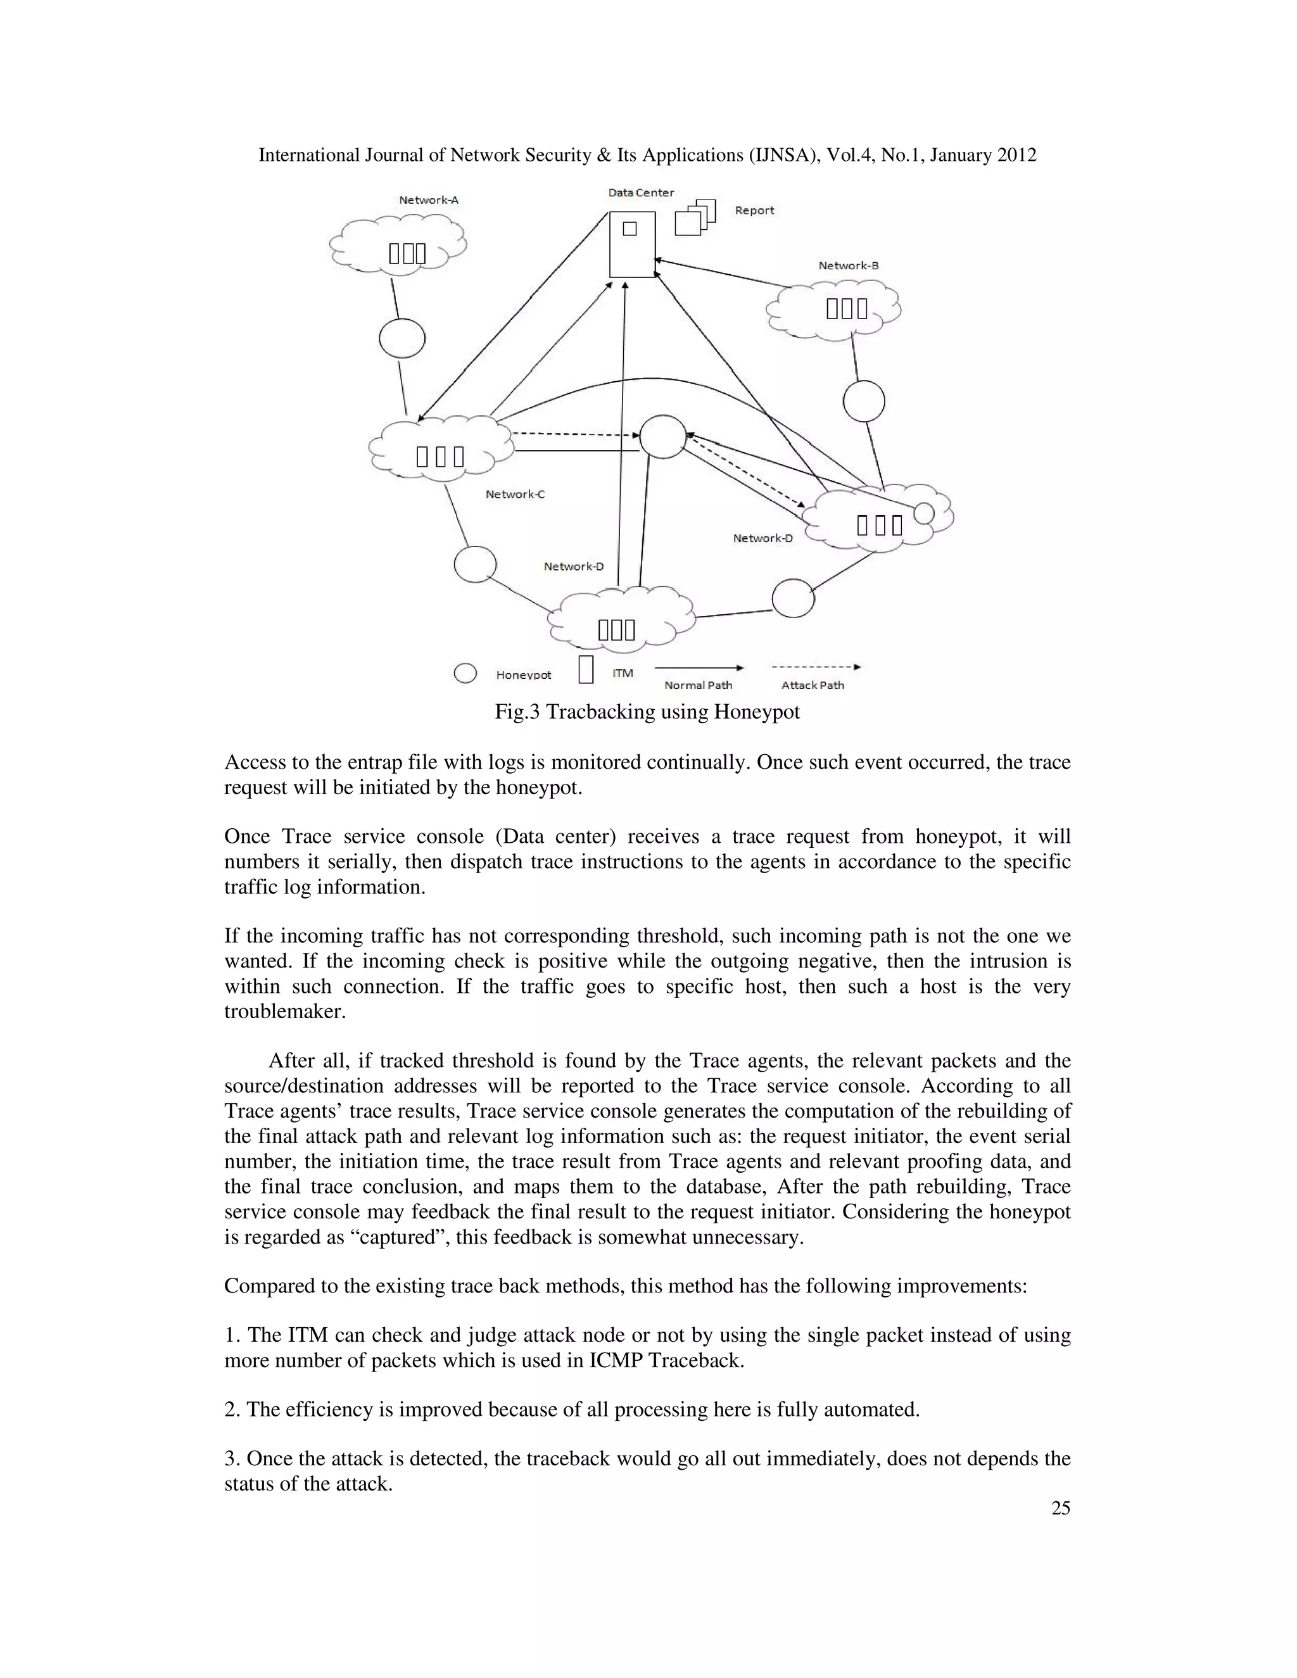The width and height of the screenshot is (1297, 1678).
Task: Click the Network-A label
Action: [x=429, y=199]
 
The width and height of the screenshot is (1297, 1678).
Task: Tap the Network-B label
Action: [x=848, y=265]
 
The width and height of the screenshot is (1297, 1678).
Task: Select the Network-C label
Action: [x=515, y=494]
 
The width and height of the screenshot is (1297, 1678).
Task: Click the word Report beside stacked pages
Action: [x=754, y=210]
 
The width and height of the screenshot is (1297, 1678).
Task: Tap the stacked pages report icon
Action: [x=695, y=217]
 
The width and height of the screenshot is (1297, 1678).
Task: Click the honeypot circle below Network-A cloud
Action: [x=402, y=338]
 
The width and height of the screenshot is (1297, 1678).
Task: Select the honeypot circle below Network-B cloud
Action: [x=864, y=401]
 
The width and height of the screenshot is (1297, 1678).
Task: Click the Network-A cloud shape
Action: [x=398, y=243]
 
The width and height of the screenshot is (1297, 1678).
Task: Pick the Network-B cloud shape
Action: [x=835, y=309]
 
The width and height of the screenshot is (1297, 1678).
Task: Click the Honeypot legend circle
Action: [x=465, y=673]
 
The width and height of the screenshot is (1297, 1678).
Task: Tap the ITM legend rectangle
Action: [x=586, y=669]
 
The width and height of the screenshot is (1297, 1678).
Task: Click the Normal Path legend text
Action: [x=698, y=684]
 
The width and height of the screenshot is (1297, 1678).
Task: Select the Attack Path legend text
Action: [x=812, y=684]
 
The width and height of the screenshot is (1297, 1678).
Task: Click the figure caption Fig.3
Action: [x=647, y=712]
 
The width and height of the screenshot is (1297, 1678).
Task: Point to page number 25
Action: [x=1060, y=1508]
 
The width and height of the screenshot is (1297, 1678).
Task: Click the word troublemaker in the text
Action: [x=285, y=1011]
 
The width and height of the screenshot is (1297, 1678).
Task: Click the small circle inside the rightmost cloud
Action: [x=923, y=512]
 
